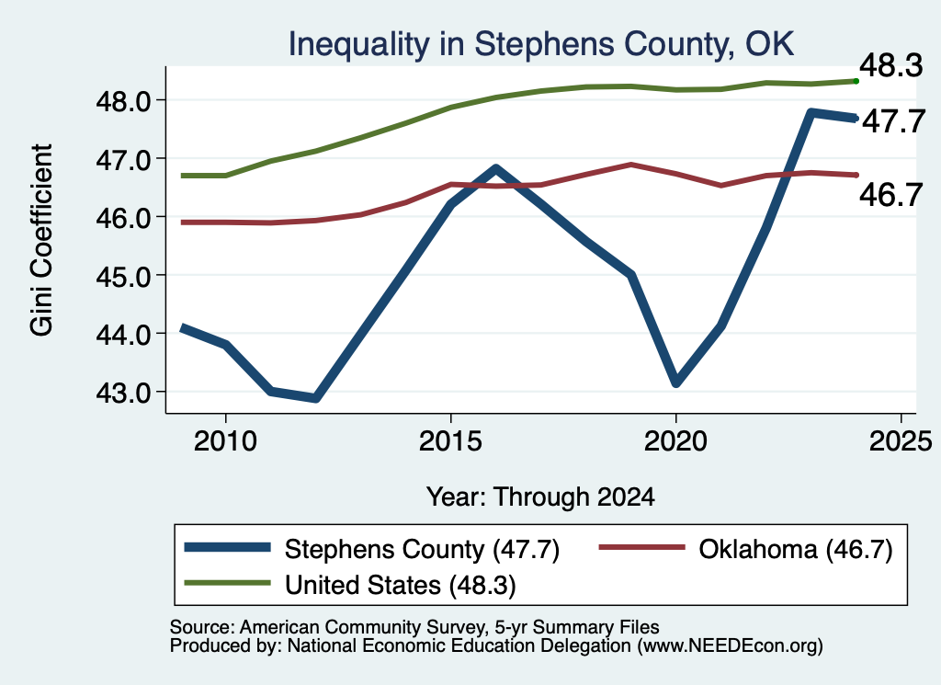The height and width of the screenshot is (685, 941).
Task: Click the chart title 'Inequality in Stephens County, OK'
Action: click(x=540, y=44)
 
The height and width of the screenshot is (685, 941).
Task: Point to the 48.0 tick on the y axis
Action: click(x=124, y=101)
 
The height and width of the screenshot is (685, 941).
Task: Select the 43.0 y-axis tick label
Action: click(x=124, y=393)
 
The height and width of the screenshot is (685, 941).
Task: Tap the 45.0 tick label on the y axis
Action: click(x=124, y=276)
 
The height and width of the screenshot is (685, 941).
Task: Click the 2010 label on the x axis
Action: click(x=226, y=441)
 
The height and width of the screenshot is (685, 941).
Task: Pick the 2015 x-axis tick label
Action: click(x=450, y=441)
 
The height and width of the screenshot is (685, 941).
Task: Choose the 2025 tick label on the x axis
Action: click(x=901, y=441)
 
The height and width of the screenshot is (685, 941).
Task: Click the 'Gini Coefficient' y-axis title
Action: click(x=41, y=240)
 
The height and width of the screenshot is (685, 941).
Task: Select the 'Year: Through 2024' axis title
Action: click(x=540, y=497)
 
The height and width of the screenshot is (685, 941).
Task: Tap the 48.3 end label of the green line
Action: click(x=891, y=65)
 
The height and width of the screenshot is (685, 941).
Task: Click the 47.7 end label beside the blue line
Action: click(x=893, y=121)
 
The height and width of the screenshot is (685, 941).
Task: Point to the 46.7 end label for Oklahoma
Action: click(x=891, y=195)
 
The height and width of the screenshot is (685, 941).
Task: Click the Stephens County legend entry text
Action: click(x=422, y=549)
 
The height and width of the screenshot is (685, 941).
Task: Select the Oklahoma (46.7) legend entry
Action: click(x=796, y=549)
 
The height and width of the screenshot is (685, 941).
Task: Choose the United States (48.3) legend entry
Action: click(x=401, y=586)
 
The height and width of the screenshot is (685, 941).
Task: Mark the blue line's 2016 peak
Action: click(x=495, y=168)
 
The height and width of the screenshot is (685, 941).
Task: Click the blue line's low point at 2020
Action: click(x=676, y=382)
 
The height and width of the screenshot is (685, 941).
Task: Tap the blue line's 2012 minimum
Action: click(x=316, y=398)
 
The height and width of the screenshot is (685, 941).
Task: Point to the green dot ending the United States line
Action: click(x=856, y=81)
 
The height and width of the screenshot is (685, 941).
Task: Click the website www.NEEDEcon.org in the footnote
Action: click(x=730, y=646)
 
